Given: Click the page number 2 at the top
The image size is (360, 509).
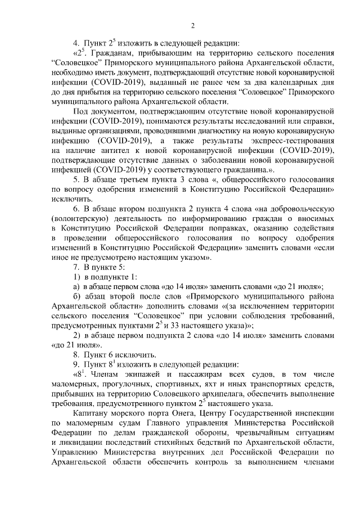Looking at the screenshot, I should point(192,25).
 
